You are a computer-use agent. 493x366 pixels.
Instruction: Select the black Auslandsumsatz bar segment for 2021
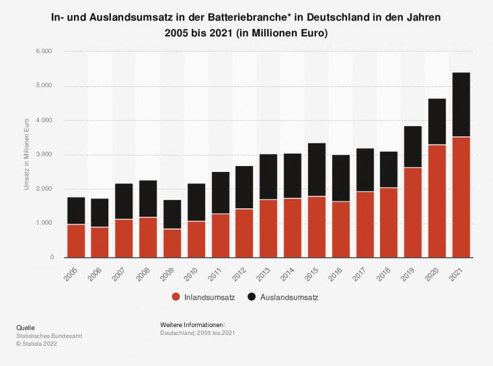click(461, 104)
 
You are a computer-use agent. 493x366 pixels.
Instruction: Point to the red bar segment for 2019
click(413, 212)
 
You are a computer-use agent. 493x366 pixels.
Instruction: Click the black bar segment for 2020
click(437, 121)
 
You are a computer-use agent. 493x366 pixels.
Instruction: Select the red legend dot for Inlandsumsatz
click(176, 297)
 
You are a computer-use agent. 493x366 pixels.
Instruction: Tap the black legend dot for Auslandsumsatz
click(251, 297)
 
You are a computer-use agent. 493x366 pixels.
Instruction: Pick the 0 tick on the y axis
click(51, 258)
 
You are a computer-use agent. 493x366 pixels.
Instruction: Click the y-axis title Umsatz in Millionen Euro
click(27, 154)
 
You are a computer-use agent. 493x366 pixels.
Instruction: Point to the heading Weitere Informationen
click(192, 324)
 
